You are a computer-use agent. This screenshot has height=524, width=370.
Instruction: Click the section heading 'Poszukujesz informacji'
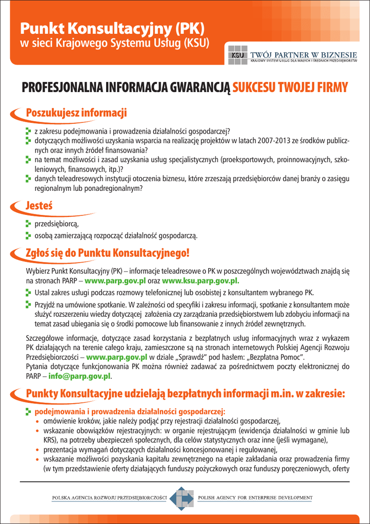pos(76,113)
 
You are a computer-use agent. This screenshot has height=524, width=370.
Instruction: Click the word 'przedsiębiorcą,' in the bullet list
pos(56,224)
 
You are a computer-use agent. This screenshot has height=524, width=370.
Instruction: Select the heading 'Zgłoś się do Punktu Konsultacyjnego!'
pos(108,253)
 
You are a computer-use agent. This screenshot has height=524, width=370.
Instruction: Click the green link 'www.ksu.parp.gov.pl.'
pos(200,280)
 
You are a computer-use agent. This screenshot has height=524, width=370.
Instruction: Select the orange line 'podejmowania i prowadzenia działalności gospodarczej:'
pos(130,411)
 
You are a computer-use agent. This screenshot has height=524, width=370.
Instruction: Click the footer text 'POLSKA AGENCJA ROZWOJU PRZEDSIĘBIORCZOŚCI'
pos(110,497)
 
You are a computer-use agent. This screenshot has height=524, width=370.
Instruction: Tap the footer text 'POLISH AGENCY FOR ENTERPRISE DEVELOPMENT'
pos(255,497)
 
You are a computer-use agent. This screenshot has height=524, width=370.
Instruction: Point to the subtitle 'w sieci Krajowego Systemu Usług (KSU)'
pos(114,43)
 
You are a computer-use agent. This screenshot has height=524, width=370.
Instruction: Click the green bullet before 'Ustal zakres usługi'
pos(29,293)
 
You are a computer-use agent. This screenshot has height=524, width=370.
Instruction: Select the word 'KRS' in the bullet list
pos(49,440)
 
